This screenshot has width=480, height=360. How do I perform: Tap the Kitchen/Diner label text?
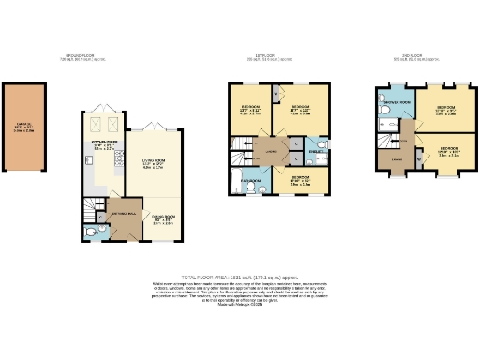[103, 144]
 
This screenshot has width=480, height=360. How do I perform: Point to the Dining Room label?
[163, 221]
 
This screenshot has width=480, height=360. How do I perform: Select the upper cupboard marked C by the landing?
[294, 142]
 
